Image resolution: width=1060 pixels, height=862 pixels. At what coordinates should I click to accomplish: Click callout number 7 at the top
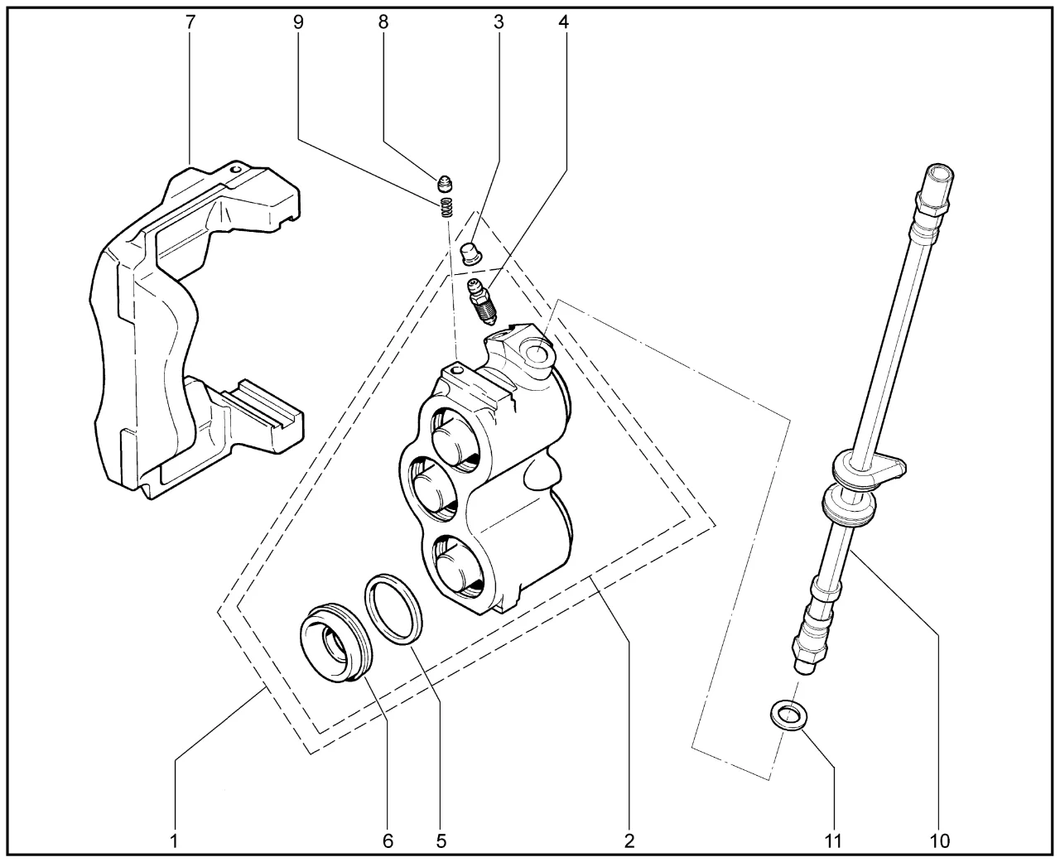point(190,22)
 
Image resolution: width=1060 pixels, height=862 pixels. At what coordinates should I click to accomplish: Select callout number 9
point(298,22)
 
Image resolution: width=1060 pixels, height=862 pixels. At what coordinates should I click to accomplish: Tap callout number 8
point(383,22)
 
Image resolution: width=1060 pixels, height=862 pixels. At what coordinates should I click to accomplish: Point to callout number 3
point(499,22)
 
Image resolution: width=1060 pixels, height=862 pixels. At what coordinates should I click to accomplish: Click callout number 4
point(564,22)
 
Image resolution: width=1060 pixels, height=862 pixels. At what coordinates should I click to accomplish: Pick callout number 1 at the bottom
point(175,841)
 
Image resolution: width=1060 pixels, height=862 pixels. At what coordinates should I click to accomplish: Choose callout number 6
point(388,841)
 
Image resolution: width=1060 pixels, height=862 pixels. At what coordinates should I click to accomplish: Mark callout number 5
point(441,841)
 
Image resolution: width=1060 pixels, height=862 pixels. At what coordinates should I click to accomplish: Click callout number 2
point(629,841)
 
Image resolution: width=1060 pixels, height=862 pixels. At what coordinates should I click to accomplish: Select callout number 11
point(833,841)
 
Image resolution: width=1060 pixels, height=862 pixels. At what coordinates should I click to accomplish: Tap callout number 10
point(940,841)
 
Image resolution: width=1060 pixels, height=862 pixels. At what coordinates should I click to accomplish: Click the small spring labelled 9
point(447,207)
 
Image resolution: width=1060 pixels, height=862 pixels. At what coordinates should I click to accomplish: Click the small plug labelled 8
point(446,182)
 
